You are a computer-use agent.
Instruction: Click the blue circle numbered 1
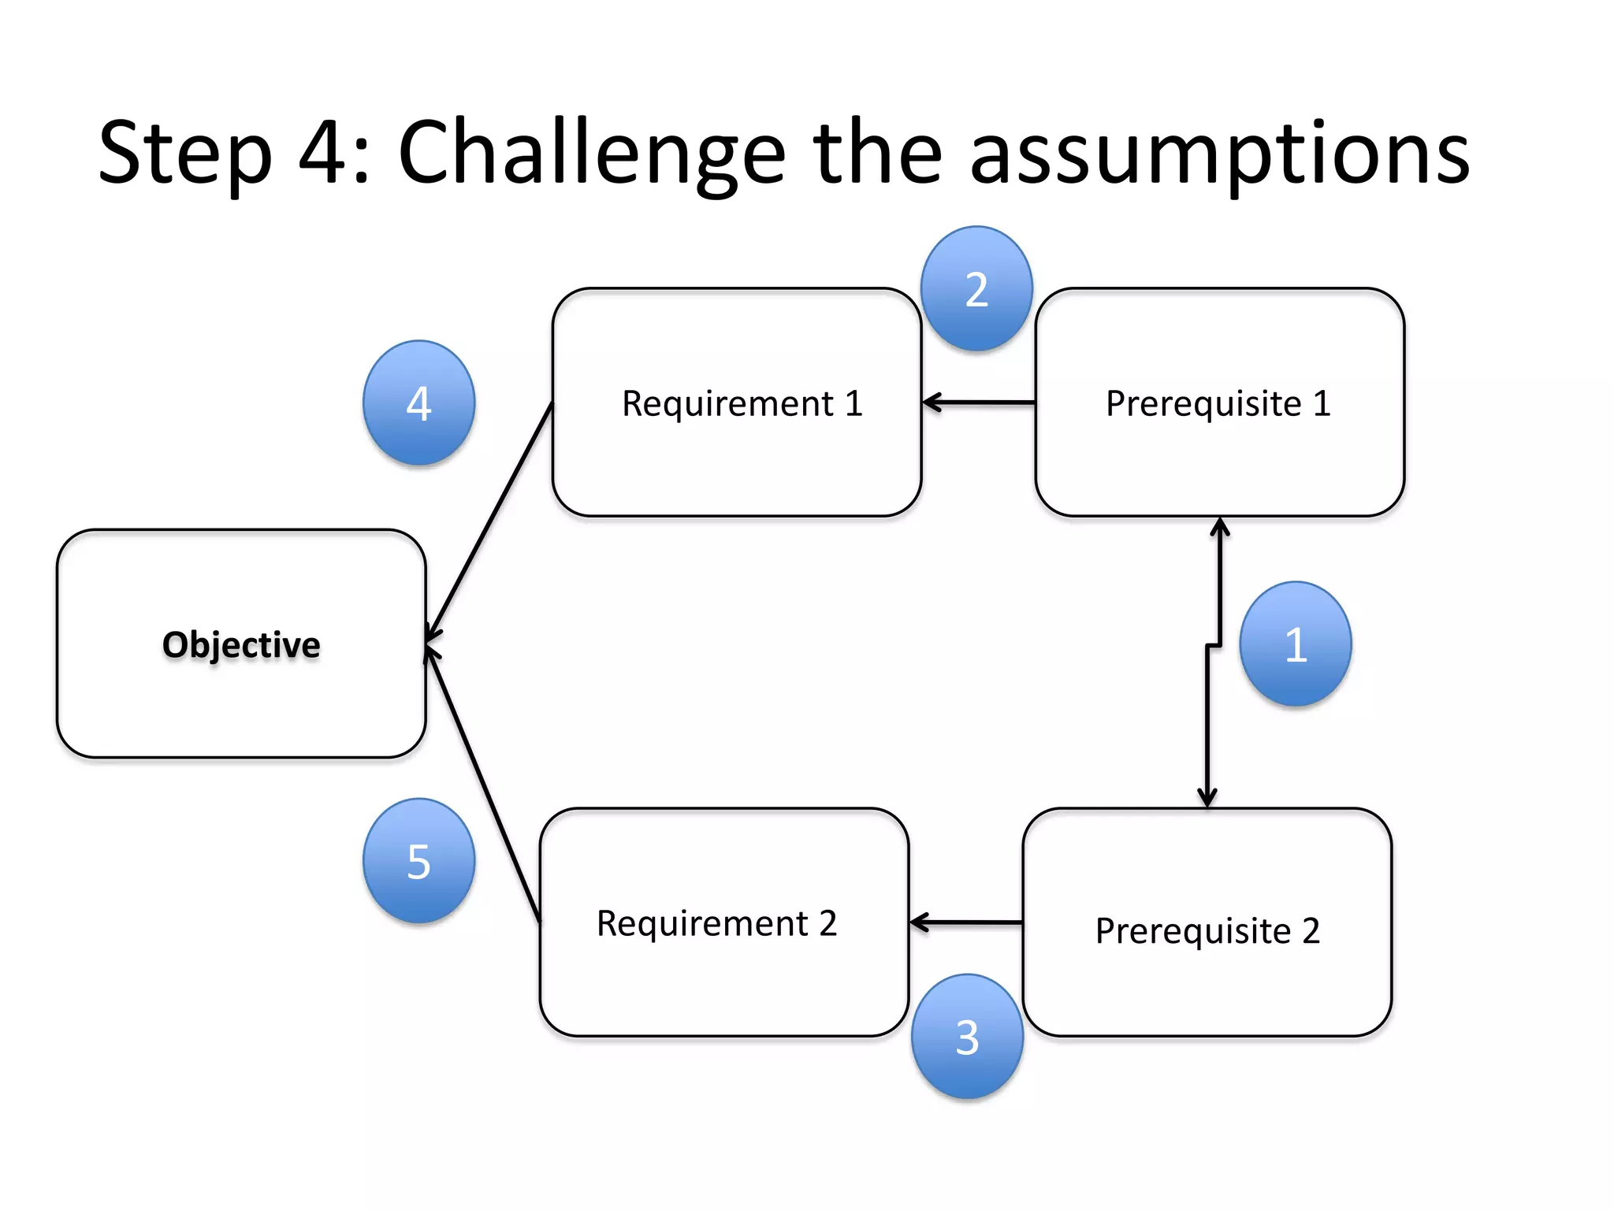click(x=1295, y=644)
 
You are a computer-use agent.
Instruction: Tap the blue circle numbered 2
click(x=976, y=288)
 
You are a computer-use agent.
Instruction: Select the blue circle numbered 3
click(x=967, y=1036)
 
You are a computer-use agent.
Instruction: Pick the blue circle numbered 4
click(x=418, y=403)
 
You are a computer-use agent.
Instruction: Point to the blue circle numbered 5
click(x=418, y=860)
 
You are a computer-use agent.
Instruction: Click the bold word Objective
click(x=241, y=644)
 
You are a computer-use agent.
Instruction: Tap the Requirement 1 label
click(x=742, y=403)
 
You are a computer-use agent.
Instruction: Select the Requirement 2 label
click(x=716, y=922)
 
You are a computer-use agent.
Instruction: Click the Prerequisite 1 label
click(x=1218, y=403)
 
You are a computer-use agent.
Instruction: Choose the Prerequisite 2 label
click(x=1207, y=930)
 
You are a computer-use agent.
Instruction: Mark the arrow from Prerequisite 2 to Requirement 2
click(x=966, y=922)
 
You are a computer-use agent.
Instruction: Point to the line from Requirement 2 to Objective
click(x=482, y=784)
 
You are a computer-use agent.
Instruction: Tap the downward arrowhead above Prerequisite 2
click(x=1207, y=798)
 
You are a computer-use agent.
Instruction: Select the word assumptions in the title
click(x=1219, y=154)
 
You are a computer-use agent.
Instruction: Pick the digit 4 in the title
click(x=323, y=152)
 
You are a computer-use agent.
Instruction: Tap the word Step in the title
click(x=185, y=154)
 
